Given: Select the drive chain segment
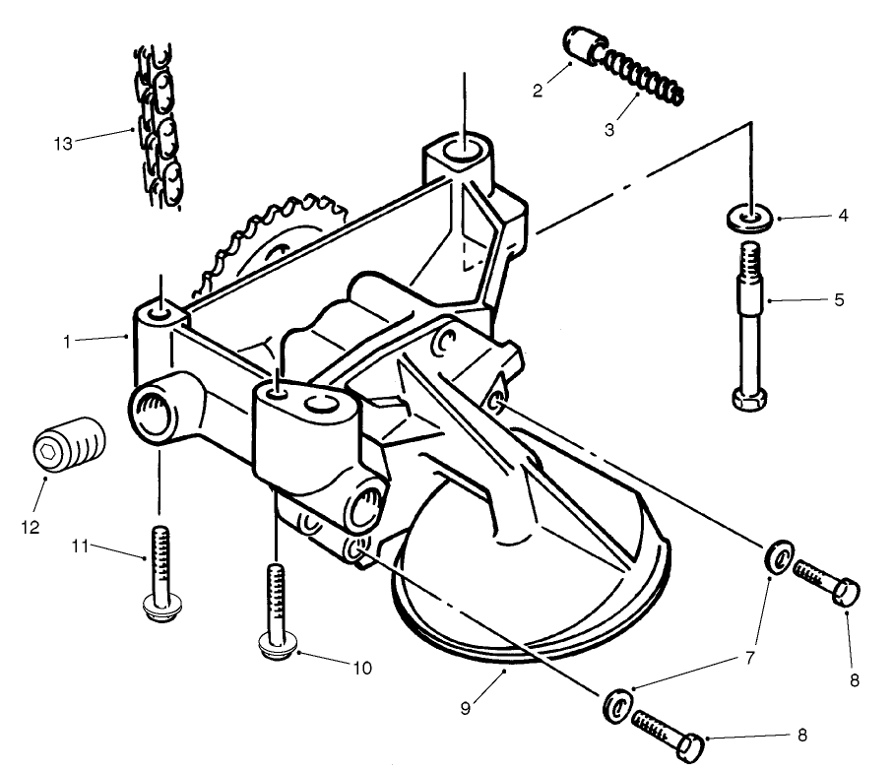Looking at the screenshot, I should coord(158,126).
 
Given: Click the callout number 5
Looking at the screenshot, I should coord(838,299).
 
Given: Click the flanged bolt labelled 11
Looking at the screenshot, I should coord(159,571).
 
